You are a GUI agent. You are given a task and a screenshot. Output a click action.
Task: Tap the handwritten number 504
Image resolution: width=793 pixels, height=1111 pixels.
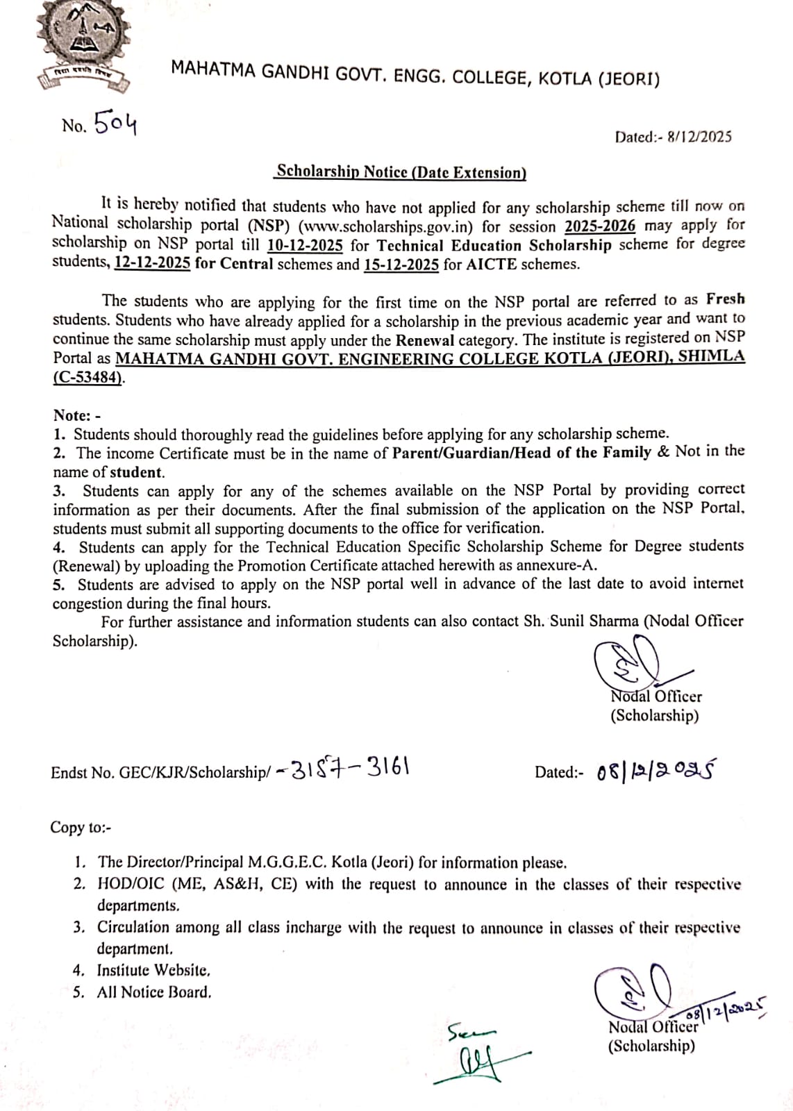115,124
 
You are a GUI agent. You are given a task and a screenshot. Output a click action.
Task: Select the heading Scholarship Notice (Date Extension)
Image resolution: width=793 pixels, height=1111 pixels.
401,172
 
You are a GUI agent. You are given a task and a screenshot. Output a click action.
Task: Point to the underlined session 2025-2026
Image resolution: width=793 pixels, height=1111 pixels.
600,226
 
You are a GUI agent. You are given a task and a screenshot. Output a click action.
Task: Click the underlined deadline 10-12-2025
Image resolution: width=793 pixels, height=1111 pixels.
305,245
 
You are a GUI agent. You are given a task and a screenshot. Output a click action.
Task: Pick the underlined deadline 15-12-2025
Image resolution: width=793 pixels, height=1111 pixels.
401,264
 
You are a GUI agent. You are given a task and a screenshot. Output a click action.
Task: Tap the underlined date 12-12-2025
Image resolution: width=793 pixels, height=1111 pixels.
152,264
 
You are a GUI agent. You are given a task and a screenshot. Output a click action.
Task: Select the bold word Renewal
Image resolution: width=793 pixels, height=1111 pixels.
425,340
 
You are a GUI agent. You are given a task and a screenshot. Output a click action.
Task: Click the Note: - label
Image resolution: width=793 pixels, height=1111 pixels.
77,415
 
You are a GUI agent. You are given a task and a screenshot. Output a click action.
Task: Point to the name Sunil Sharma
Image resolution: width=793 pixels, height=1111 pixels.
594,621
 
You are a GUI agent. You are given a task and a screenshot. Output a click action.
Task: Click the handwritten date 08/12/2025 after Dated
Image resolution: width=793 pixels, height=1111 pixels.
656,771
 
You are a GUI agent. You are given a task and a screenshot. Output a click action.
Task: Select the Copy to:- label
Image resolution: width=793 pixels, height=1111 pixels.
81,827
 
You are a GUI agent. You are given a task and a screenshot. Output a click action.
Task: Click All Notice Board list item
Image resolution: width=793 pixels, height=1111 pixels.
153,992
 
